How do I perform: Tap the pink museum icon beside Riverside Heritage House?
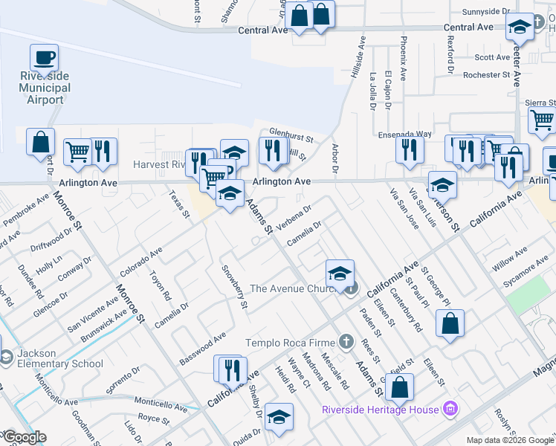[448, 408]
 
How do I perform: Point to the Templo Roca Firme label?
[291, 343]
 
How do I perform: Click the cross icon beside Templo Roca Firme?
[345, 342]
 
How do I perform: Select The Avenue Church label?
[295, 288]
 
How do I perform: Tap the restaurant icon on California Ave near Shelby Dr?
[230, 369]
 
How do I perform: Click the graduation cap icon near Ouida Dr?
[279, 417]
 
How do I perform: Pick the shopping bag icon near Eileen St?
[450, 323]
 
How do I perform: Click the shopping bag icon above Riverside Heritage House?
[400, 387]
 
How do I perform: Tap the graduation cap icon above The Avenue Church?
[340, 273]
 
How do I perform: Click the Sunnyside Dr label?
[486, 12]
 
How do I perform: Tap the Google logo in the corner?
[24, 437]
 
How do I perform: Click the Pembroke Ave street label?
[25, 210]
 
